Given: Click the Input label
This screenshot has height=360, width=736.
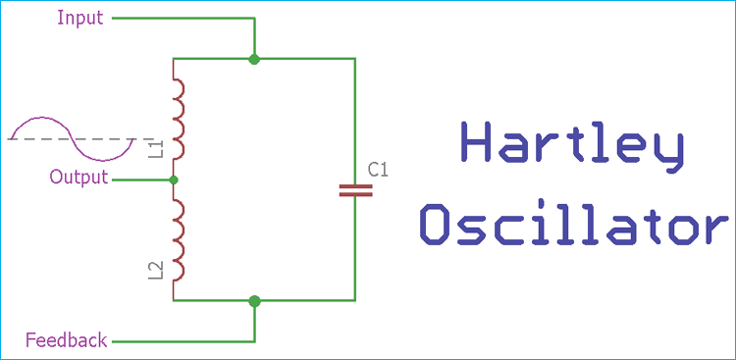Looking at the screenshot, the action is (80, 18).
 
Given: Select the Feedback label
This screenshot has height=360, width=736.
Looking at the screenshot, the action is (66, 341).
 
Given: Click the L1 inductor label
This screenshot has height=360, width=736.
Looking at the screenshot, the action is (155, 149).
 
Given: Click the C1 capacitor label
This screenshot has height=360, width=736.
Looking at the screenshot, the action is (378, 170).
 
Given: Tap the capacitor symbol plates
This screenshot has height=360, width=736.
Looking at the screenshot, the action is (355, 189).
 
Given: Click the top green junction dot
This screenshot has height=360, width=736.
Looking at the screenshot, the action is (254, 59).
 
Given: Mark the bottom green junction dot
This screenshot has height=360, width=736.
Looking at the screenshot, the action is (254, 300).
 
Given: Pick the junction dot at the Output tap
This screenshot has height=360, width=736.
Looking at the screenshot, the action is (174, 180).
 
